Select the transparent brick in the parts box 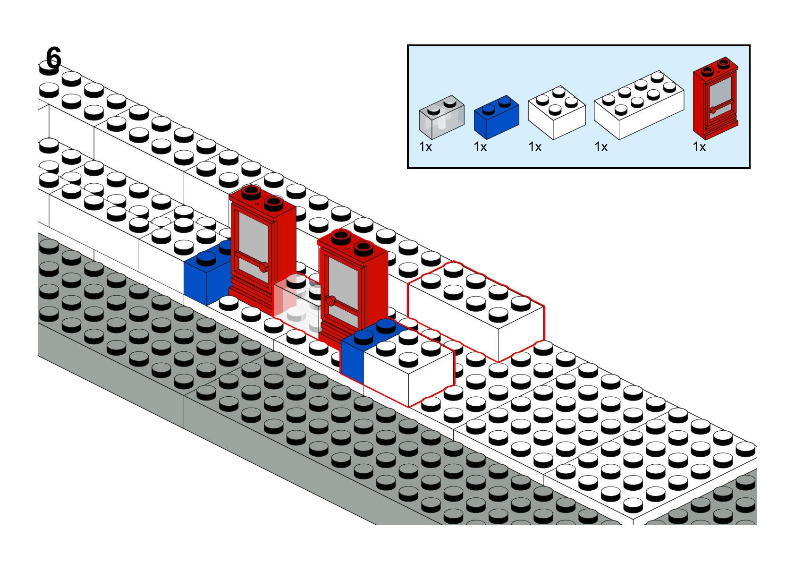click(441, 116)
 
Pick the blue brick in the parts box click(496, 117)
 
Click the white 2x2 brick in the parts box click(557, 112)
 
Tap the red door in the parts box click(715, 98)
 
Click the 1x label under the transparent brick click(425, 147)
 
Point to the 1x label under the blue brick click(480, 147)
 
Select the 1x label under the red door click(699, 147)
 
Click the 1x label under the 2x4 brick click(601, 147)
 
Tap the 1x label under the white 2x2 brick click(535, 147)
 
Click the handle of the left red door click(263, 267)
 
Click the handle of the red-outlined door click(330, 299)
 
